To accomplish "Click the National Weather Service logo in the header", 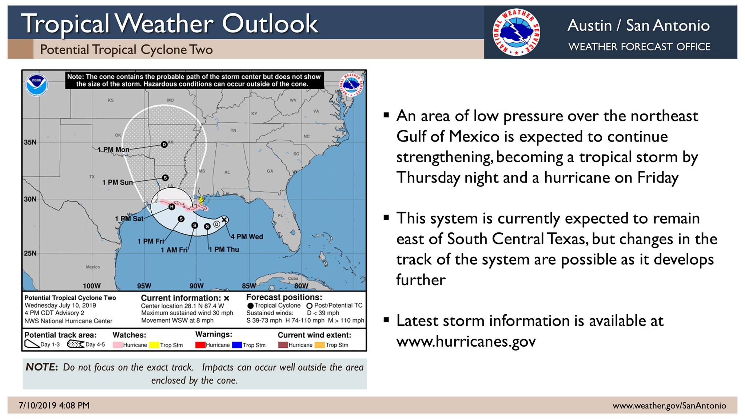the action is pyautogui.click(x=516, y=32).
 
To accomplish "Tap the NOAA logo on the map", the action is pyautogui.click(x=36, y=85).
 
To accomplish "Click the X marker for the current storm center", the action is pyautogui.click(x=224, y=220).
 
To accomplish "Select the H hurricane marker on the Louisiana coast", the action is pyautogui.click(x=172, y=207).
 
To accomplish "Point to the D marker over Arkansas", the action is pyautogui.click(x=164, y=144).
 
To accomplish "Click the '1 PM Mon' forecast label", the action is pyautogui.click(x=113, y=149).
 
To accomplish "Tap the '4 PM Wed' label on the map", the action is pyautogui.click(x=247, y=237).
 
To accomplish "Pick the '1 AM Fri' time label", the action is pyautogui.click(x=174, y=250).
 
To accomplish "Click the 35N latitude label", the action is pyautogui.click(x=30, y=142).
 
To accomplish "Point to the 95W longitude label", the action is pyautogui.click(x=144, y=286).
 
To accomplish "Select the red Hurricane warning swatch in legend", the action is pyautogui.click(x=200, y=345).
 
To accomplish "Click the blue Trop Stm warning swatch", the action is pyautogui.click(x=237, y=345).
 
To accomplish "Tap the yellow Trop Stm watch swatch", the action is pyautogui.click(x=154, y=345).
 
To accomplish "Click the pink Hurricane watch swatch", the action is pyautogui.click(x=117, y=345).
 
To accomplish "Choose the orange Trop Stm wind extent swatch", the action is pyautogui.click(x=320, y=345).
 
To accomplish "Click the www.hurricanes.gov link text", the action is pyautogui.click(x=466, y=341).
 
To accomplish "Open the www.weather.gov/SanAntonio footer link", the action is pyautogui.click(x=669, y=406).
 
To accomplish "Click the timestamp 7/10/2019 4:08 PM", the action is pyautogui.click(x=54, y=406).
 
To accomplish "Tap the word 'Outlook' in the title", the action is pyautogui.click(x=270, y=24).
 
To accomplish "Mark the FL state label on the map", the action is pyautogui.click(x=280, y=216).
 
